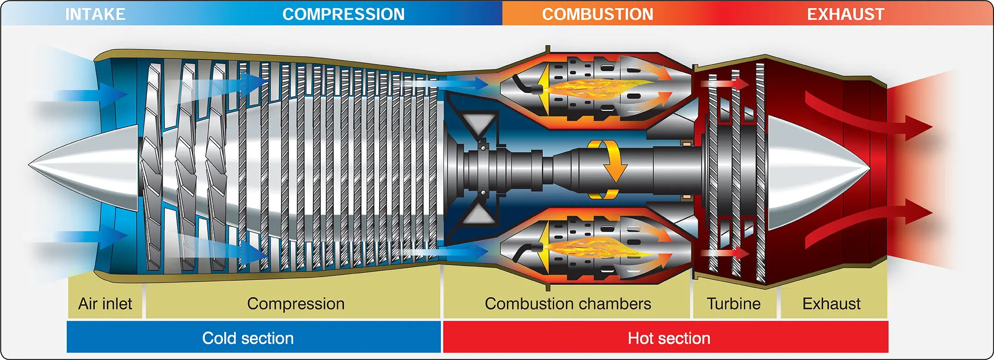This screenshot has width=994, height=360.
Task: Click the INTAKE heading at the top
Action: (x=95, y=14)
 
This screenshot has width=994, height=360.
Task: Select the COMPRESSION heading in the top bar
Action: (x=343, y=14)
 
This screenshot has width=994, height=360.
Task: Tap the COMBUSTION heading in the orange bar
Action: (x=597, y=14)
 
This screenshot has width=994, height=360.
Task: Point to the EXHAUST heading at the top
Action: (x=846, y=14)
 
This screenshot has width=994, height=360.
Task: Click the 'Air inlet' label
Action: (x=105, y=304)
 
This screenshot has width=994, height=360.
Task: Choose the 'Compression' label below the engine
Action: (x=296, y=304)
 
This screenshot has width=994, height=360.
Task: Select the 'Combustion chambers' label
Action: (x=568, y=304)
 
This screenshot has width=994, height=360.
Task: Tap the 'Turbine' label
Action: (x=734, y=304)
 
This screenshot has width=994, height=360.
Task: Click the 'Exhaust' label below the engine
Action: (x=832, y=304)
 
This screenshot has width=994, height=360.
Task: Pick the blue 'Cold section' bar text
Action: (x=248, y=338)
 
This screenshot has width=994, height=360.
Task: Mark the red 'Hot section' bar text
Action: (x=669, y=338)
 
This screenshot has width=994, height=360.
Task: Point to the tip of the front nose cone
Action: (x=29, y=164)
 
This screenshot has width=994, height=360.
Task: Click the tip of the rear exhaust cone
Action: (x=870, y=169)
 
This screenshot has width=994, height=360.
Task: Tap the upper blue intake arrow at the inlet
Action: (x=81, y=95)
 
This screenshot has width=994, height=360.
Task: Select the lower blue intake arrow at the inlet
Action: (x=81, y=235)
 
